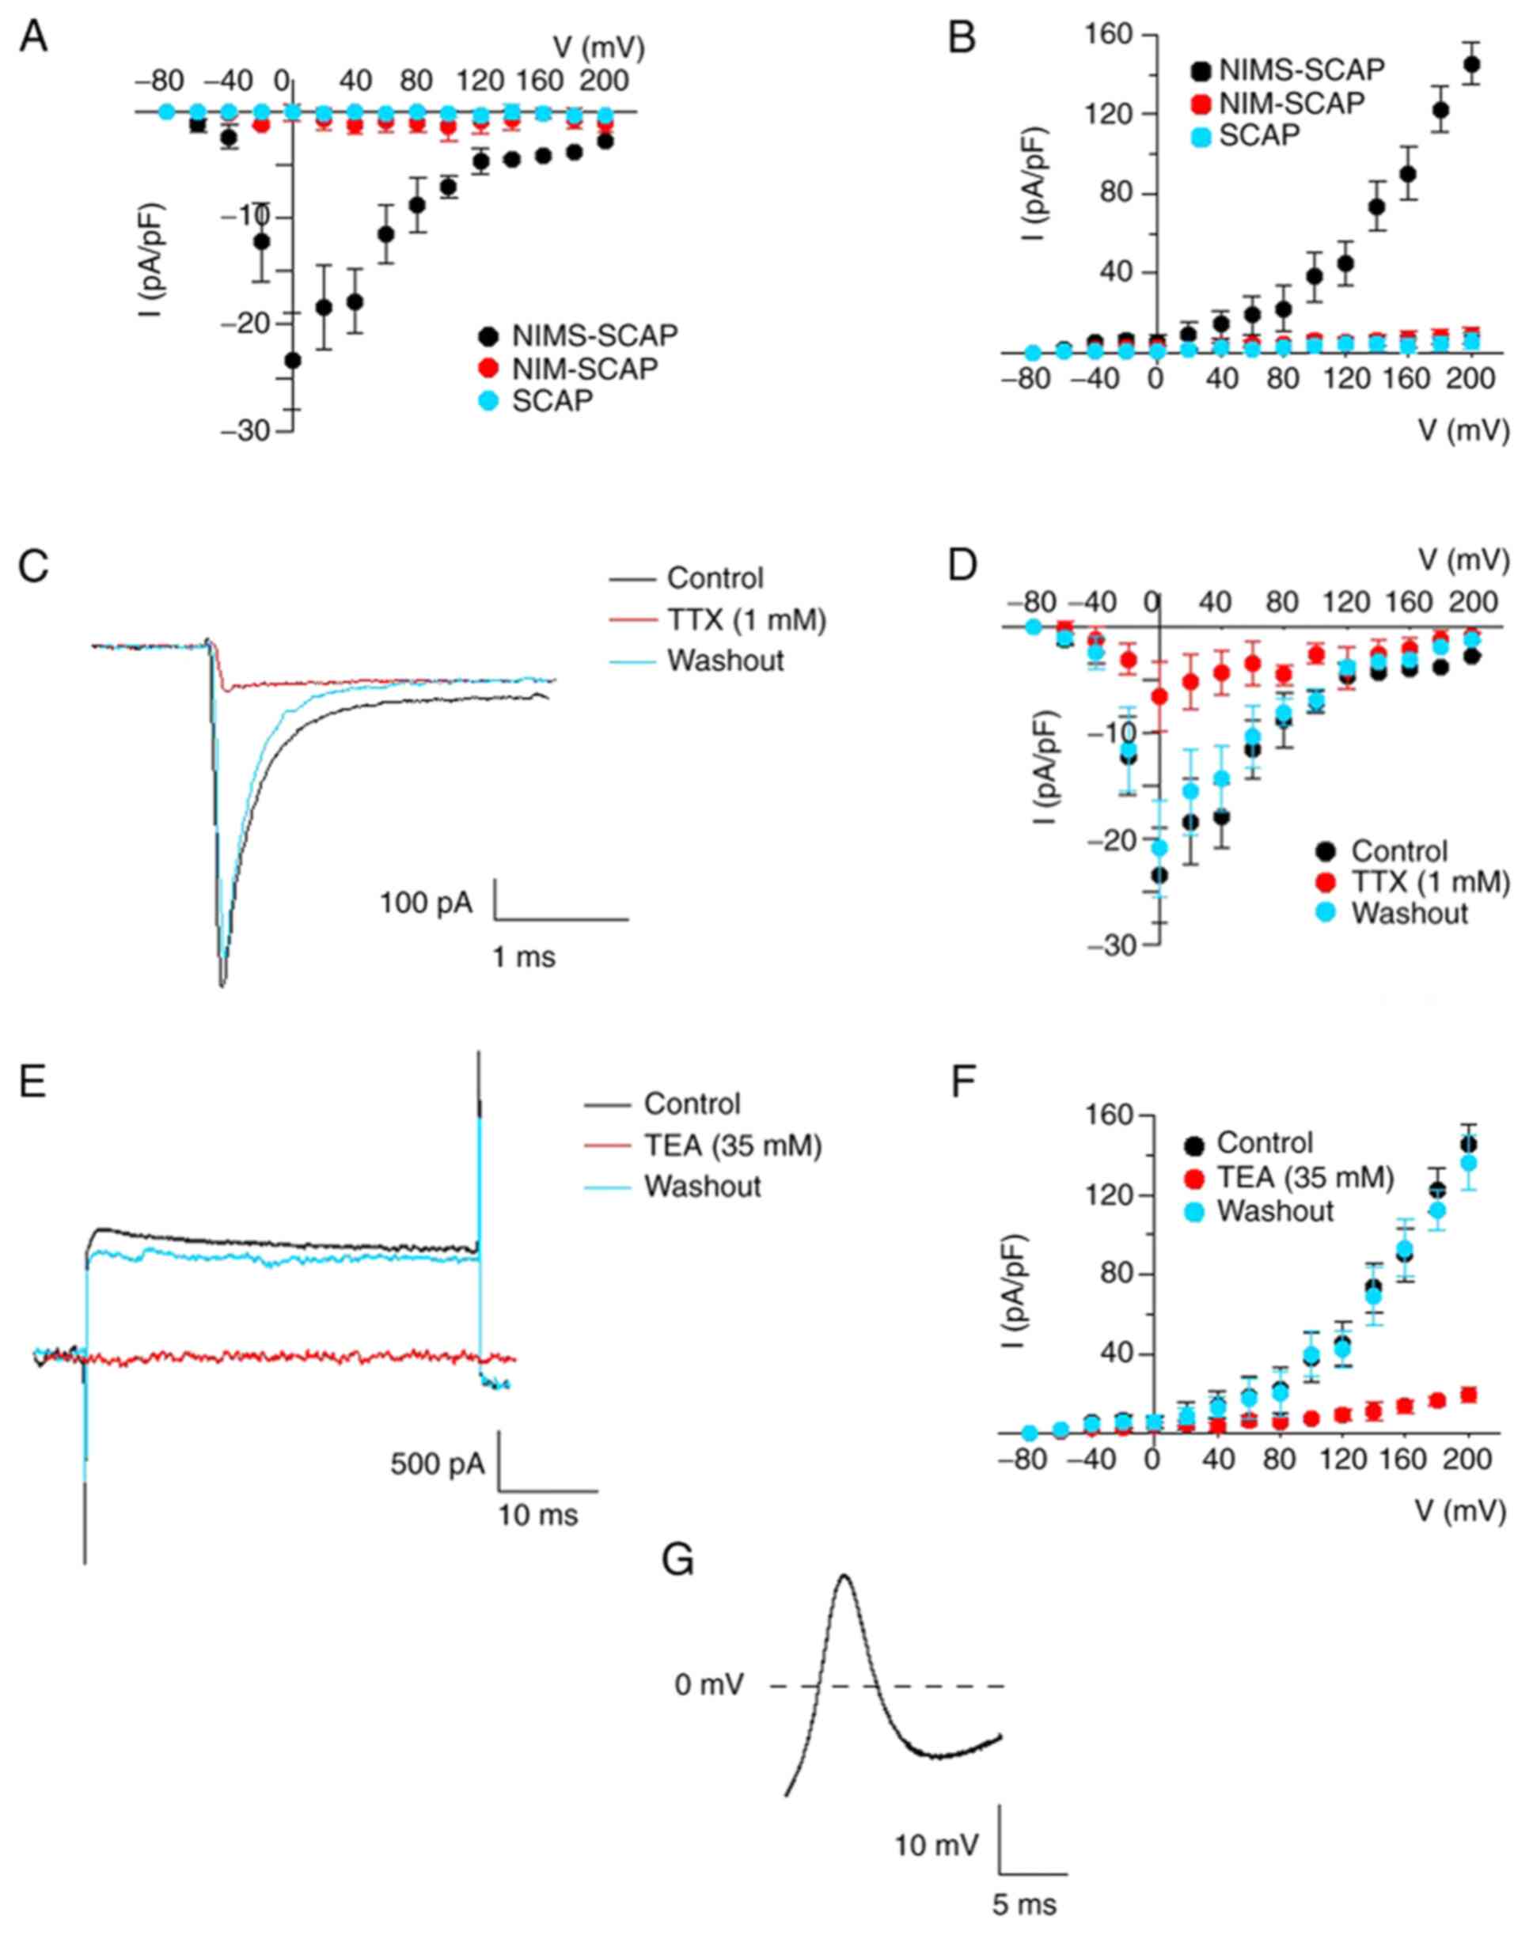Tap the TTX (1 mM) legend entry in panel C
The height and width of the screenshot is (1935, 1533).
click(x=746, y=619)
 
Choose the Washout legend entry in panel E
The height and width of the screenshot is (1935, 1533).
click(x=702, y=1186)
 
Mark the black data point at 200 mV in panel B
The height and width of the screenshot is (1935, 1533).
click(x=1472, y=65)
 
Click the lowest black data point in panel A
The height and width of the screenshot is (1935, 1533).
click(x=293, y=361)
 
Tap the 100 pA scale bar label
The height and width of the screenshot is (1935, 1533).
click(x=427, y=902)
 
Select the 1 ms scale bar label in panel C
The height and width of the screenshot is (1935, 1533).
click(x=525, y=958)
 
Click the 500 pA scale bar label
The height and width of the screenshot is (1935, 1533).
click(x=438, y=1464)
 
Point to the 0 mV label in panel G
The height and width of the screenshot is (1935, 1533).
click(x=709, y=1687)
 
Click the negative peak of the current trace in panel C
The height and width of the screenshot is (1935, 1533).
click(x=222, y=985)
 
